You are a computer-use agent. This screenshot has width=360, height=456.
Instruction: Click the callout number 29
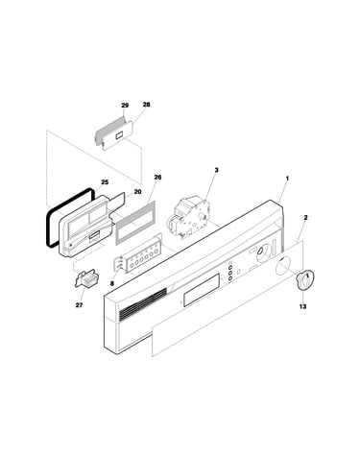(125, 106)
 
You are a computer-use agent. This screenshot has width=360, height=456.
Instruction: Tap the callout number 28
(146, 105)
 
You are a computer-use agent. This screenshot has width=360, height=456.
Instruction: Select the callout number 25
(105, 182)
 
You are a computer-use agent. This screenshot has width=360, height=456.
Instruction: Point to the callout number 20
(137, 192)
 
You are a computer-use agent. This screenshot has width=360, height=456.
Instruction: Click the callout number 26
(157, 177)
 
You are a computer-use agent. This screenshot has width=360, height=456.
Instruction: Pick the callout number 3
(216, 170)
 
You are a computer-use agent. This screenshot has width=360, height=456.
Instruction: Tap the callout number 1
(287, 178)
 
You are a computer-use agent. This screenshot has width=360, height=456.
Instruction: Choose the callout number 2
(305, 217)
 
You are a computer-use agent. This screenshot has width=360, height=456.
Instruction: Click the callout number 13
(302, 306)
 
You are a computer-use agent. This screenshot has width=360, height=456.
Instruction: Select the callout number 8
(112, 283)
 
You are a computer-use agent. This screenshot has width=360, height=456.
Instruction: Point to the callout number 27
(79, 305)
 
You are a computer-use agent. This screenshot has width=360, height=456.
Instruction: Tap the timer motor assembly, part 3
(189, 218)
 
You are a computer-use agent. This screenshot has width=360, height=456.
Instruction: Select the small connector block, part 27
(86, 277)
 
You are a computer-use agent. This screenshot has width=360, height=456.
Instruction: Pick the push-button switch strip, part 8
(139, 257)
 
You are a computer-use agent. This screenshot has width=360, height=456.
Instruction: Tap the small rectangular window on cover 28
(119, 135)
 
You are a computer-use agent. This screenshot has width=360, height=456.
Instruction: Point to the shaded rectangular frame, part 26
(135, 223)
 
